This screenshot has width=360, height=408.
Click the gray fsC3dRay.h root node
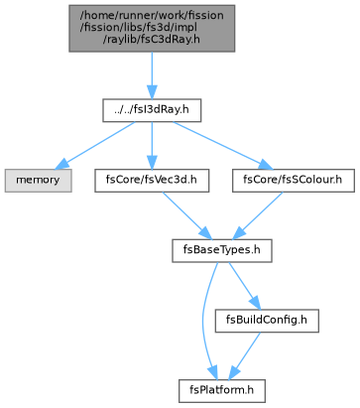click(x=152, y=28)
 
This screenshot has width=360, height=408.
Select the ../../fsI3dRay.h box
click(x=152, y=110)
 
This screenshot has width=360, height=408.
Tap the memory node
click(x=38, y=181)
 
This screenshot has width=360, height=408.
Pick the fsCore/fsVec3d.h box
click(x=152, y=181)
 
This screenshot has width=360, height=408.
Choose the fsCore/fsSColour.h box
click(x=294, y=181)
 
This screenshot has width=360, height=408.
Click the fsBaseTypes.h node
click(x=222, y=250)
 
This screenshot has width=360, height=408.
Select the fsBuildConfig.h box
click(x=267, y=321)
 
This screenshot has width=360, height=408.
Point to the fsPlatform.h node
click(x=222, y=391)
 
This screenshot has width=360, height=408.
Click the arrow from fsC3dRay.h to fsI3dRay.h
click(x=152, y=75)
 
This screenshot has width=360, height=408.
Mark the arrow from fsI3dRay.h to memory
click(x=96, y=144)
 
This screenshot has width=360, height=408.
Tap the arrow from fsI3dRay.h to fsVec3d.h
click(x=152, y=146)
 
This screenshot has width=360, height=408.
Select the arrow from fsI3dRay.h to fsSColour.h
click(x=221, y=145)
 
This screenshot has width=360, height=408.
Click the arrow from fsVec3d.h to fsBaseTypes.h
click(x=186, y=215)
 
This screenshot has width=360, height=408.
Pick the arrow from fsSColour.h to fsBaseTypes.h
click(x=258, y=215)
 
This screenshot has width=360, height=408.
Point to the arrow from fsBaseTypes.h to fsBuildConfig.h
click(x=244, y=286)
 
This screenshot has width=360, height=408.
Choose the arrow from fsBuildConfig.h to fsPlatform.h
click(x=245, y=355)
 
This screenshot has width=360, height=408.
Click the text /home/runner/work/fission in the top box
click(x=152, y=16)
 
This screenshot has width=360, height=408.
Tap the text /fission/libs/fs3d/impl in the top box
click(x=139, y=28)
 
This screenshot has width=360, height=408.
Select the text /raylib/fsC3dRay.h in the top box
click(x=152, y=40)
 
